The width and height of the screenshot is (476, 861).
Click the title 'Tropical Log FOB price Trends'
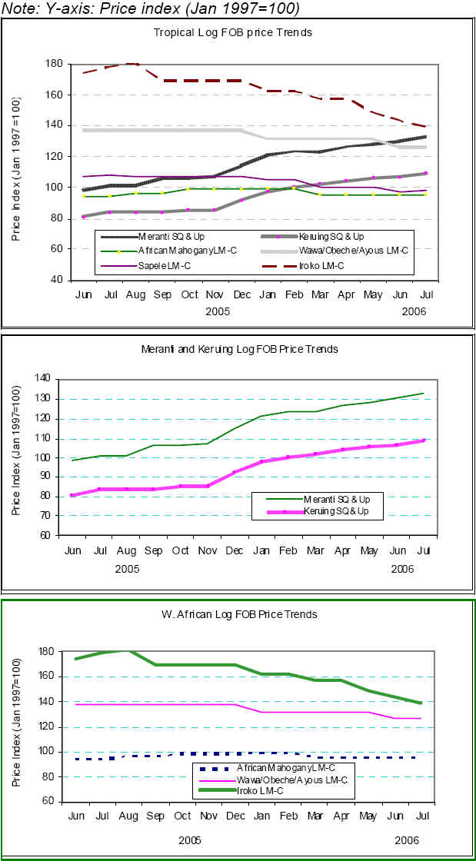click(232, 32)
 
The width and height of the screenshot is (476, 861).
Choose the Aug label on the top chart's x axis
click(137, 295)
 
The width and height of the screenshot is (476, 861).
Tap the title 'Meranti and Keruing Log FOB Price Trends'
click(239, 349)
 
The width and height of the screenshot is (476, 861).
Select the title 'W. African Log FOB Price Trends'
click(239, 614)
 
